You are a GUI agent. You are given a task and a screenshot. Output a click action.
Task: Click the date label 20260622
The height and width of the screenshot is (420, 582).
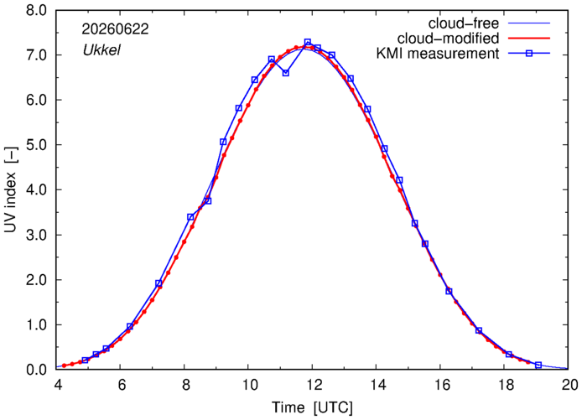click(x=115, y=29)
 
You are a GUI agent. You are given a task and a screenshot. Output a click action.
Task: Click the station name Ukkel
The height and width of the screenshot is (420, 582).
click(x=101, y=50)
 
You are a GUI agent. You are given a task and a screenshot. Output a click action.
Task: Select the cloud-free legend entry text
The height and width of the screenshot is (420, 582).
click(x=464, y=23)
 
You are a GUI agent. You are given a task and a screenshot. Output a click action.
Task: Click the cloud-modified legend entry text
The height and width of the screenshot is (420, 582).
click(x=448, y=39)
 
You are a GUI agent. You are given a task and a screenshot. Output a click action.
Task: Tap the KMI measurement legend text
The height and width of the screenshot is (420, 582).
click(x=438, y=54)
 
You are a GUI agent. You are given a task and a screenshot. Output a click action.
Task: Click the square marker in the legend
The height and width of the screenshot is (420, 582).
click(x=529, y=54)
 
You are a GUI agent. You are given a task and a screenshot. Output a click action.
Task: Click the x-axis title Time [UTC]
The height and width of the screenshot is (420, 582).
click(x=313, y=407)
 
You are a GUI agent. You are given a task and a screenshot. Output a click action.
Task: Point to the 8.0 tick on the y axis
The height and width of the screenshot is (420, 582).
click(x=36, y=10)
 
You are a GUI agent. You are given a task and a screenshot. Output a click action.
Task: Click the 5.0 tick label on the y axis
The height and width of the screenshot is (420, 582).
click(x=36, y=145)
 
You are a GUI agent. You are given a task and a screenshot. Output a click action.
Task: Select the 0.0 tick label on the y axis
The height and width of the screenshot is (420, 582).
click(x=36, y=370)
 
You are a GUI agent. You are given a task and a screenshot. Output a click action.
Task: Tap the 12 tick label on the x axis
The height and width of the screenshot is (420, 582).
click(x=313, y=385)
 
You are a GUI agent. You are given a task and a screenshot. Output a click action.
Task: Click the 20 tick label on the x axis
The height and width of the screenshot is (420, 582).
click(x=569, y=385)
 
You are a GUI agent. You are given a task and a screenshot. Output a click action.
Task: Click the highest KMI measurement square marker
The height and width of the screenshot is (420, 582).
click(x=308, y=42)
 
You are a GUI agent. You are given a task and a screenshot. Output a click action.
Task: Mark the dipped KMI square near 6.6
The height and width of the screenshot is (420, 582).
click(x=286, y=73)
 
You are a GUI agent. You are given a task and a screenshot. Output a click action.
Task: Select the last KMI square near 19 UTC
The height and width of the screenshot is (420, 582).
click(x=538, y=365)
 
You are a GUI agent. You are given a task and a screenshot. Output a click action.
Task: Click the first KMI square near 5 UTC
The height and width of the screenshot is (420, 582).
click(x=85, y=360)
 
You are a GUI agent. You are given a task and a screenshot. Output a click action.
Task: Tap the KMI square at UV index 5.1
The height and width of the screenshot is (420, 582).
click(x=223, y=142)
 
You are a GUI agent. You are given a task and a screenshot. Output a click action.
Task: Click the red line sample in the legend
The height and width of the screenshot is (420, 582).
click(x=529, y=39)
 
